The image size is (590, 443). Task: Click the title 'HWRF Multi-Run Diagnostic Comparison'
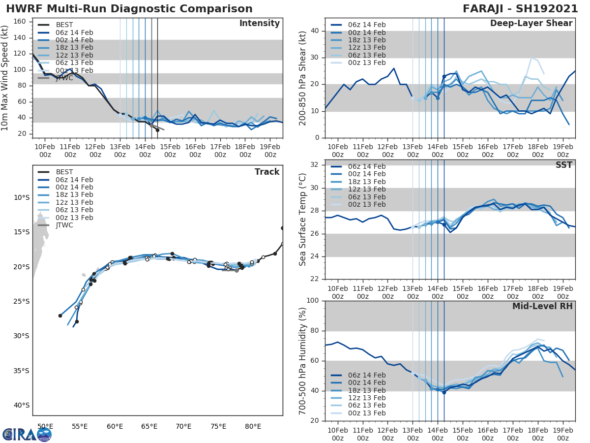point(129,9)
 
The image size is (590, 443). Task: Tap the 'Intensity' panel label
point(259,24)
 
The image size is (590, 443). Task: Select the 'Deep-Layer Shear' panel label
point(531,24)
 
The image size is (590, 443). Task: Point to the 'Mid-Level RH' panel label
point(542,306)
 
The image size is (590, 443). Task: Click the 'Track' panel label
point(266,172)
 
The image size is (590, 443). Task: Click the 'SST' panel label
point(563,165)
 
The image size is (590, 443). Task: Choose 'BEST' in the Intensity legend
point(64,25)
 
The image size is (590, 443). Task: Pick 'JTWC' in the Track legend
point(64,225)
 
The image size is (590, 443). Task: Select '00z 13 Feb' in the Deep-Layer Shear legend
point(366,63)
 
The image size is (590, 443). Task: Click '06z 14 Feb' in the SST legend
point(366,166)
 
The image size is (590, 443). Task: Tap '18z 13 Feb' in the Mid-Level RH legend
point(366,390)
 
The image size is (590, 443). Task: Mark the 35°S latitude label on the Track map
point(21,371)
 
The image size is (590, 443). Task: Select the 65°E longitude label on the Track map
point(149,426)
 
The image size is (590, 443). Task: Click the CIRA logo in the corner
point(27,435)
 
